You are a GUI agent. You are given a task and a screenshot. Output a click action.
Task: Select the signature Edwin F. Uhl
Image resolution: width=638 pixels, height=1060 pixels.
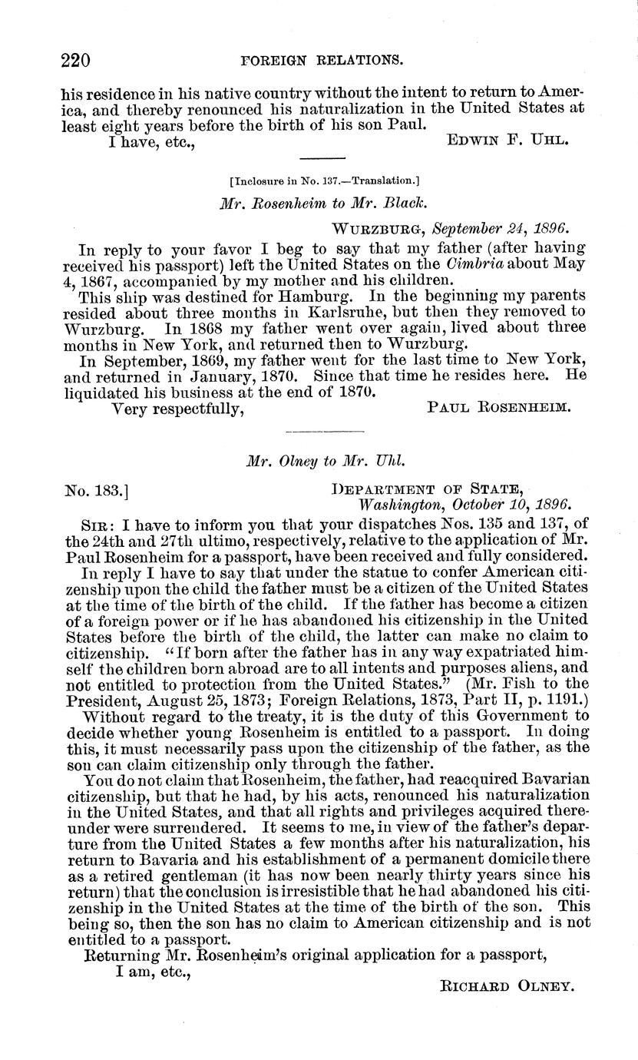[x=507, y=143]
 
